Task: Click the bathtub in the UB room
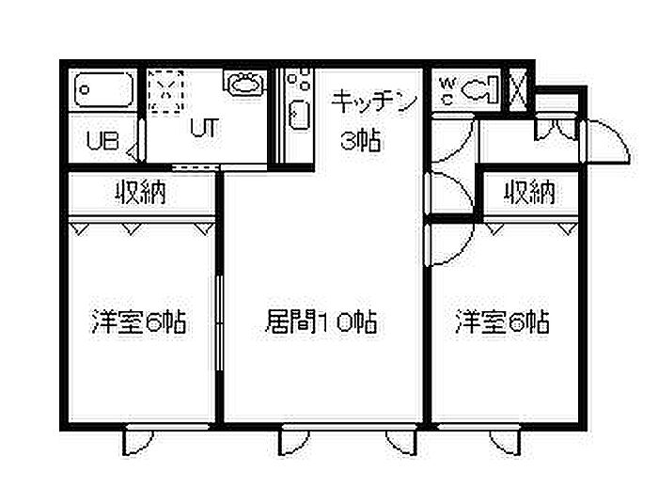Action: [103, 92]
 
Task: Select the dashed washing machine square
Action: [164, 91]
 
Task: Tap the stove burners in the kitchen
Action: [299, 79]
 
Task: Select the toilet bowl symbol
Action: [478, 91]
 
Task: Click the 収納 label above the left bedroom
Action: [142, 194]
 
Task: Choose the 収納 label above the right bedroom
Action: [529, 194]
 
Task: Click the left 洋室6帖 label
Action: [138, 322]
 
